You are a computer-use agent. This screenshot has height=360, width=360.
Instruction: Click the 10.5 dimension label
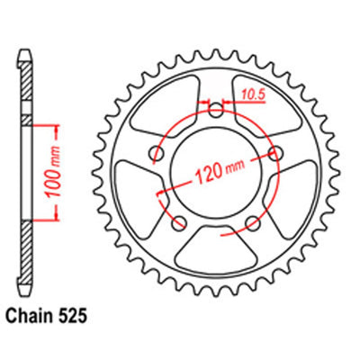tap(252, 95)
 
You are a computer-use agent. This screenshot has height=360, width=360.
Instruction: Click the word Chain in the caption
tap(28, 317)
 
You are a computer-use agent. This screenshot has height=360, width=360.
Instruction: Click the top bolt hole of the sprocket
tap(216, 111)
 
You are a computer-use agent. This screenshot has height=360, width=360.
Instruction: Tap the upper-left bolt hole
tap(157, 153)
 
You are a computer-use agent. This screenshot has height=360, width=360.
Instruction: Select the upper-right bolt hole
tap(275, 153)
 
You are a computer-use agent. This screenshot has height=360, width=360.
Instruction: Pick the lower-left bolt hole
tap(179, 223)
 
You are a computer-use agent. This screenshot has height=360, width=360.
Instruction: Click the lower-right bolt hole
tap(253, 223)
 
